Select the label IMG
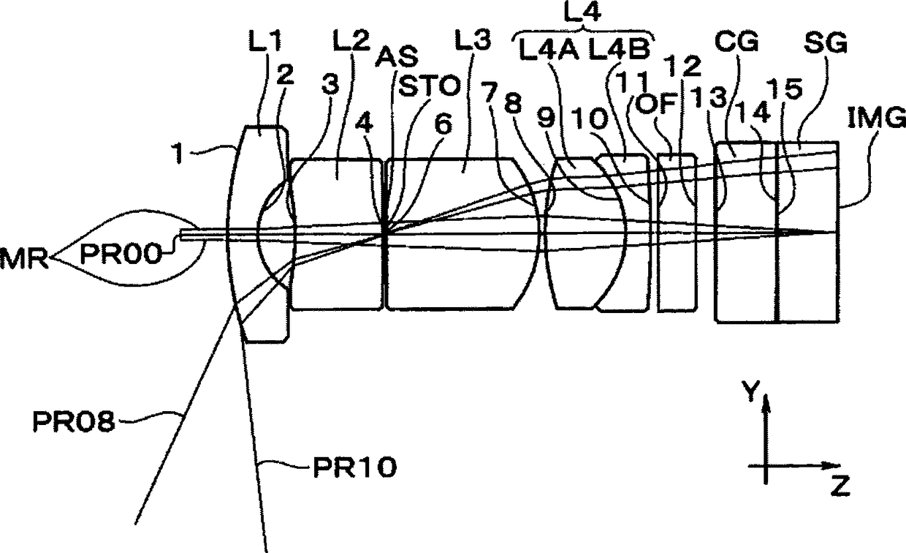877,118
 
